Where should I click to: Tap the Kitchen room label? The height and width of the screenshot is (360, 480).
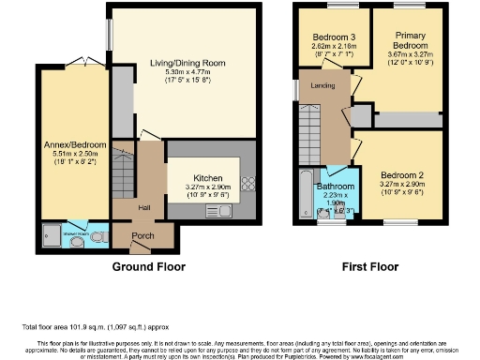coord(207,177)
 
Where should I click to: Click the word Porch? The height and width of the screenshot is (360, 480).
coord(142,235)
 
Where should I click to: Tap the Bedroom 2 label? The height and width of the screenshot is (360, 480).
coord(402,175)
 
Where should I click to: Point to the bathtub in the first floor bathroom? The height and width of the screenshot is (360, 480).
coord(303,192)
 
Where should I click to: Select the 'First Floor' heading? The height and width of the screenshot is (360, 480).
coord(368,267)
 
